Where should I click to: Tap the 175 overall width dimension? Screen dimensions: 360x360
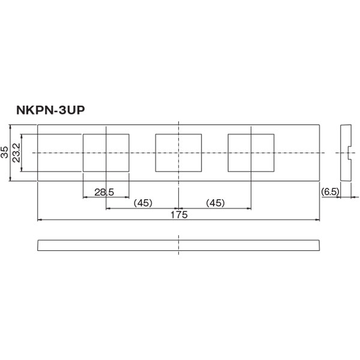tap(179, 214)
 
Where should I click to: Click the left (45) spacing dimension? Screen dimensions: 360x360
tap(142, 203)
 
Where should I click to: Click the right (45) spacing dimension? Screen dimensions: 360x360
tap(215, 203)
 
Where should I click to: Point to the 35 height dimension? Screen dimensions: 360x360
tap(5, 152)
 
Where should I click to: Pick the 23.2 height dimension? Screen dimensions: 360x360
tap(16, 152)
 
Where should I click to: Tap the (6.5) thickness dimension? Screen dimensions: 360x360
tap(331, 191)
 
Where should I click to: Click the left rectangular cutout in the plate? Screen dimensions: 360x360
tap(106, 152)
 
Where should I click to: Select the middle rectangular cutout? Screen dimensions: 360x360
tap(178, 152)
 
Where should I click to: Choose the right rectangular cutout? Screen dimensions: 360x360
tap(251, 152)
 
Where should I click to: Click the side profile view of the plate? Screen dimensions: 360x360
tap(345, 152)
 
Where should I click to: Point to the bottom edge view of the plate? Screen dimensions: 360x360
tap(179, 245)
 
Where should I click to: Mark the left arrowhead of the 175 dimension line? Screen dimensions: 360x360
tap(40, 220)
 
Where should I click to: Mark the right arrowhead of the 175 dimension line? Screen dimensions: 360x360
tap(318, 220)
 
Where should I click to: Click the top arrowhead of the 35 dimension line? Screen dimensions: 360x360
tap(10, 127)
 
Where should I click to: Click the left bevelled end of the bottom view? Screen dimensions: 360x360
tap(39, 245)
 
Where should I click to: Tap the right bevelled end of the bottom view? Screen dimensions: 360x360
tap(319, 245)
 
